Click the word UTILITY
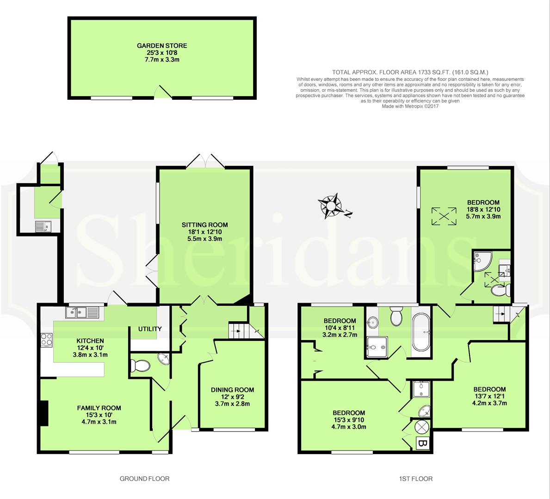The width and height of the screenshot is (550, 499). point(150,329)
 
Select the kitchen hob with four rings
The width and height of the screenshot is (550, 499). point(47,339)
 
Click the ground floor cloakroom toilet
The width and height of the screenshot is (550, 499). point(140,366)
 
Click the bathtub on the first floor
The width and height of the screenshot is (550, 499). point(420,331)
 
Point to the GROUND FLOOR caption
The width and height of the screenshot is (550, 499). point(144,479)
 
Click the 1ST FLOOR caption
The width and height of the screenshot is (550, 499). point(416,479)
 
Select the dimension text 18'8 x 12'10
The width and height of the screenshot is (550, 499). point(483,210)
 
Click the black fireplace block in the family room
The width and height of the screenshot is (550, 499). point(44,413)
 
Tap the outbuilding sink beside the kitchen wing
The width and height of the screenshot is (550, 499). point(43,226)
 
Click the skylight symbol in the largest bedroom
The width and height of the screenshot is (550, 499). point(444,216)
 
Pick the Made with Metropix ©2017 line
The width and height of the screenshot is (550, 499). point(410,106)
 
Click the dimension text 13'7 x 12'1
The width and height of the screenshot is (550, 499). point(489,396)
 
